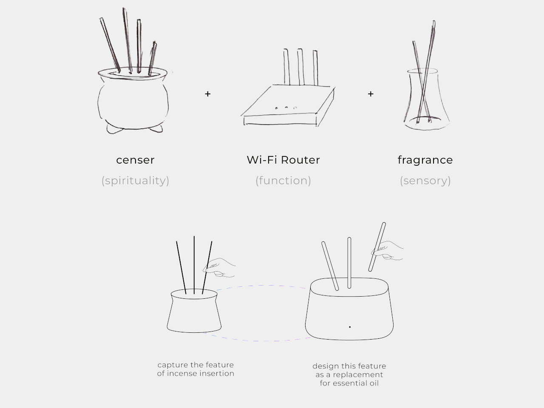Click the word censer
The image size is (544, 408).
[x=135, y=160]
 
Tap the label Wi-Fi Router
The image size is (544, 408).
[x=283, y=160]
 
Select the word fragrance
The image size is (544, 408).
[x=425, y=160]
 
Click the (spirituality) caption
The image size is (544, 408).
[x=135, y=181]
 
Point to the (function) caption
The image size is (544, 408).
[x=283, y=181]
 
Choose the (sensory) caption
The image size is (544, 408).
[x=425, y=181]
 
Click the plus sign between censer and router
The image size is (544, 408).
[x=207, y=94]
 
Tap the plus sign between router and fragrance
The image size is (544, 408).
[x=371, y=94]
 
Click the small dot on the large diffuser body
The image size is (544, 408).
[x=350, y=327]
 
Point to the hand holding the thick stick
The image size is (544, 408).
[x=389, y=251]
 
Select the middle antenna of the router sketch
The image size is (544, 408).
[x=300, y=67]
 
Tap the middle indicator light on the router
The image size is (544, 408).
[x=286, y=108]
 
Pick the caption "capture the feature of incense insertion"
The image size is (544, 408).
[x=195, y=369]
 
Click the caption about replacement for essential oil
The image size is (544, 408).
[x=349, y=374]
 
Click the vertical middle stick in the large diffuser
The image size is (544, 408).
[x=349, y=263]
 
